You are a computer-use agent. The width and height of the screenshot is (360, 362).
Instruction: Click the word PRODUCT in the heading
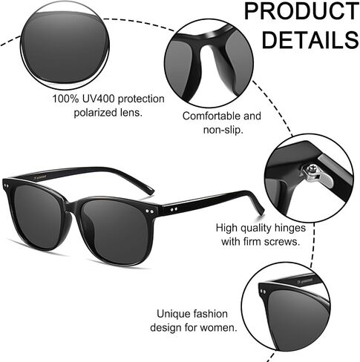pos(301,11)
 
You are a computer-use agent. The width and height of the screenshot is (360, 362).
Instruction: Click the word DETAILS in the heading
pos(310,39)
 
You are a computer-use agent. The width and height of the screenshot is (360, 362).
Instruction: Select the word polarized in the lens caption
pos(95,113)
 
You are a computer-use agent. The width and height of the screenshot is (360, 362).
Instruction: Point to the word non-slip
pos(223,130)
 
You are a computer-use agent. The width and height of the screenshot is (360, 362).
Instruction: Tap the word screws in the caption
pos(282,242)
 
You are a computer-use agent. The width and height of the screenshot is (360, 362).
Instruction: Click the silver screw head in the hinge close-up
pos(312,169)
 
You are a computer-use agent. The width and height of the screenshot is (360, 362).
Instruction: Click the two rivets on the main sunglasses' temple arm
pos(174,209)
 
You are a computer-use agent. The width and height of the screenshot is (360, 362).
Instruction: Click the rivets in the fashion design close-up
pos(264,292)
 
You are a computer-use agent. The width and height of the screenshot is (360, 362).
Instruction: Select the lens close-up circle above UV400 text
pos(65,46)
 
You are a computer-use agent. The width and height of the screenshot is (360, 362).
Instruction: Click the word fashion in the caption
pos(211,314)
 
